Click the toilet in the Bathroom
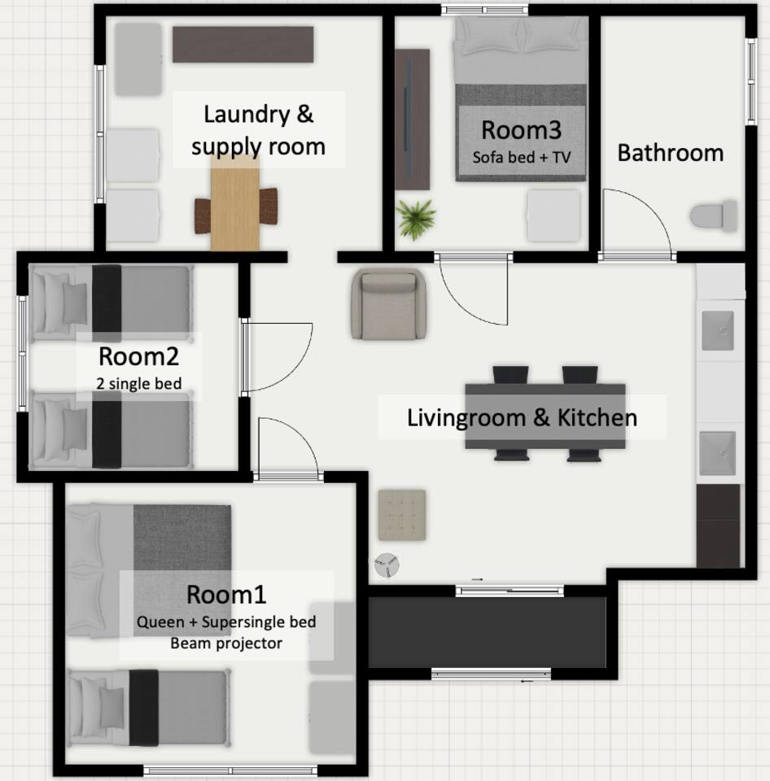pyautogui.click(x=714, y=216)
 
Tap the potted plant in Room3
pyautogui.click(x=415, y=219)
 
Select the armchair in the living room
pyautogui.click(x=388, y=303)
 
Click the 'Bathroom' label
pyautogui.click(x=671, y=153)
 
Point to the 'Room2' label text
pyautogui.click(x=138, y=356)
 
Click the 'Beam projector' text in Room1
pyautogui.click(x=226, y=643)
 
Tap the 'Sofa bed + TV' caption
pyautogui.click(x=521, y=157)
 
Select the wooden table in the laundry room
pyautogui.click(x=234, y=203)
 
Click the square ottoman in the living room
pyautogui.click(x=402, y=515)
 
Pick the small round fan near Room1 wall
pyautogui.click(x=387, y=565)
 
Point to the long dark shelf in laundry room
pyautogui.click(x=243, y=45)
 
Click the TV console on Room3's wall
pyautogui.click(x=412, y=120)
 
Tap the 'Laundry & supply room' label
pyautogui.click(x=258, y=130)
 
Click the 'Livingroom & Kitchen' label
pyautogui.click(x=522, y=417)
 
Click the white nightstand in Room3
pyautogui.click(x=554, y=216)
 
